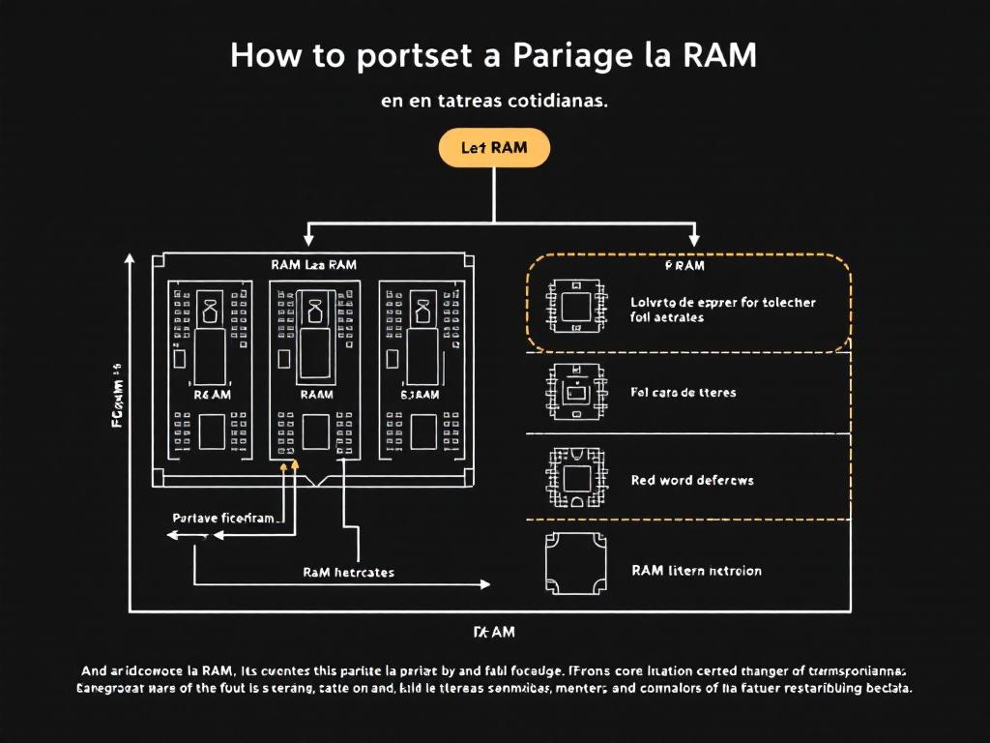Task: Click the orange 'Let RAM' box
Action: (x=494, y=149)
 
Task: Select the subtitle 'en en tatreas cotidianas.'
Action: (x=494, y=102)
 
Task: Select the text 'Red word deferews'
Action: (x=691, y=480)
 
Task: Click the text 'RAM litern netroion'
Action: (x=695, y=571)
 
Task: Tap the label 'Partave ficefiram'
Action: (x=223, y=519)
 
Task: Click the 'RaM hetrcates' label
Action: (x=348, y=572)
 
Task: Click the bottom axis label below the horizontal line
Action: (x=493, y=633)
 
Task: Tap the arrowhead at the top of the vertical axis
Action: (x=129, y=258)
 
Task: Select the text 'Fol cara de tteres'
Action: (x=683, y=393)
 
